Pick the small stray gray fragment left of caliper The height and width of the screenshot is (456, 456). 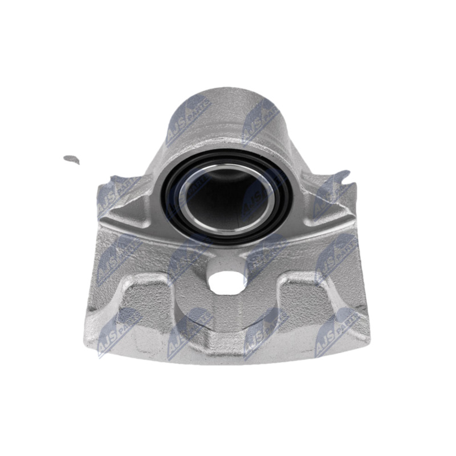pyautogui.click(x=71, y=159)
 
